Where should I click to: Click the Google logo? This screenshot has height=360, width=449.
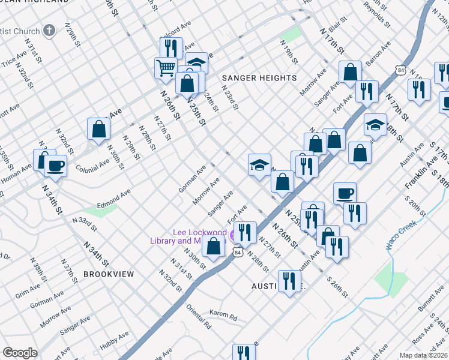(x=20, y=353)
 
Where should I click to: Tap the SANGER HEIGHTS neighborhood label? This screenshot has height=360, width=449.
(x=259, y=79)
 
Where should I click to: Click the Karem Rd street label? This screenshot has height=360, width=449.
(x=223, y=315)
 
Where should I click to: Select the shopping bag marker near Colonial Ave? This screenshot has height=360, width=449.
(x=98, y=128)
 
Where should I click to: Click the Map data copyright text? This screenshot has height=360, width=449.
(x=423, y=355)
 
